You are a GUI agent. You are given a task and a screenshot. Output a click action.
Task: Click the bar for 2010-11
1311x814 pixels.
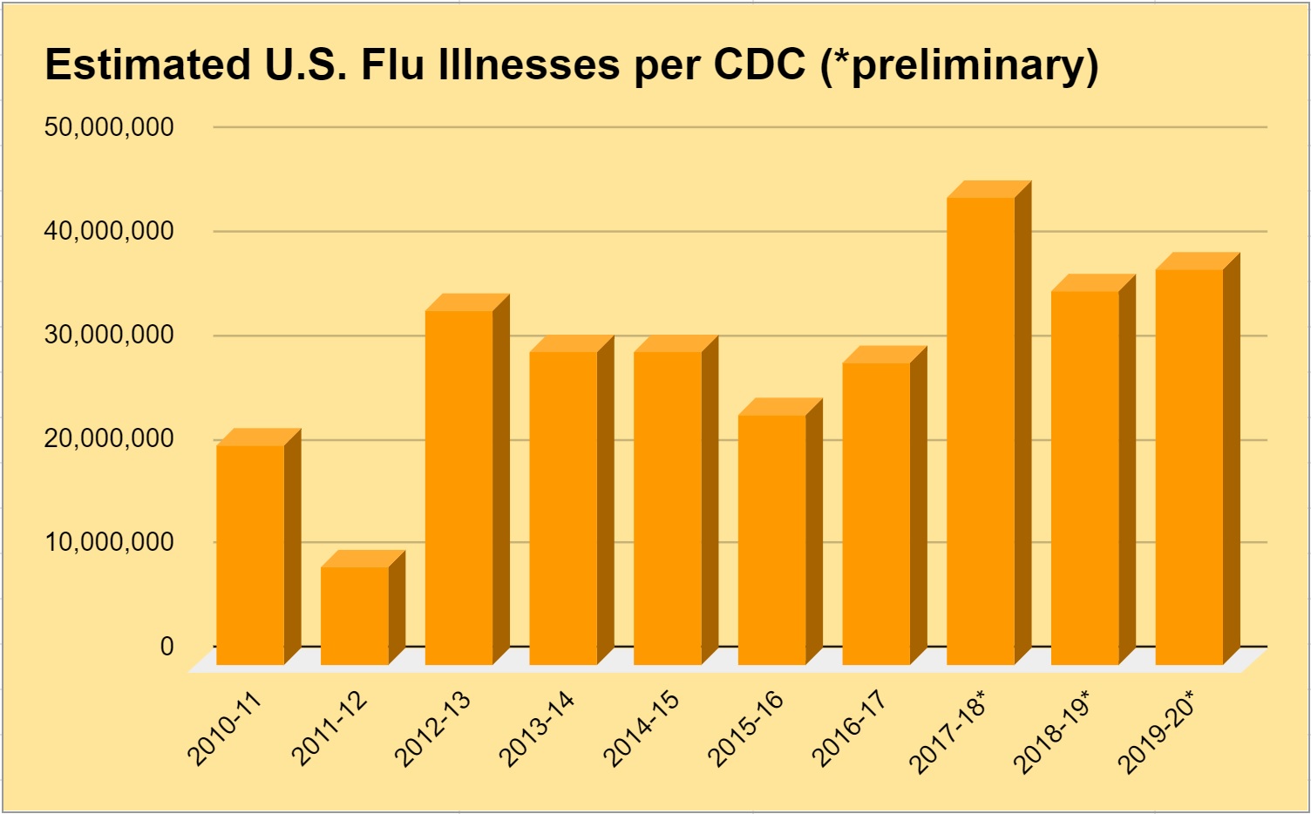tap(250, 553)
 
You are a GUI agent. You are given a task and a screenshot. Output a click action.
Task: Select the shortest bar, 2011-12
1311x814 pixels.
tap(355, 614)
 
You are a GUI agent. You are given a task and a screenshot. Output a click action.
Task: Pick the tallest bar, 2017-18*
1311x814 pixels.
tap(981, 431)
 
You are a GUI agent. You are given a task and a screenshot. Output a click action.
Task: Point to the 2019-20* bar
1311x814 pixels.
tap(1189, 466)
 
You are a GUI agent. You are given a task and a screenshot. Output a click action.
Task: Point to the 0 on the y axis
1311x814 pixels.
tap(166, 647)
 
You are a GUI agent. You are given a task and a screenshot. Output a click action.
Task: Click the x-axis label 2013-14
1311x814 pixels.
tap(538, 729)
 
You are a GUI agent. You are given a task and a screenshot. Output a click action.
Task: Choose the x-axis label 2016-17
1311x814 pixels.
tap(851, 729)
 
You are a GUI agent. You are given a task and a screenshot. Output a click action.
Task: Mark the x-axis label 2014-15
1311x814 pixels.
tap(642, 729)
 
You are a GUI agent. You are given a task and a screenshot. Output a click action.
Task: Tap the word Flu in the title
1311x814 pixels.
tap(391, 64)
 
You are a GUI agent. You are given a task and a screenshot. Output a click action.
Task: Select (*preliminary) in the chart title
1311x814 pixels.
tap(959, 66)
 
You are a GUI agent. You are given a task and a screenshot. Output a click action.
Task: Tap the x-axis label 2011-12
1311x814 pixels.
tap(329, 729)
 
